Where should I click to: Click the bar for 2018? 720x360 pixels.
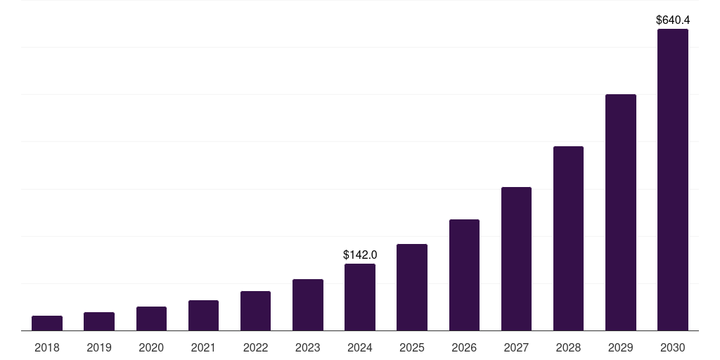coord(47,323)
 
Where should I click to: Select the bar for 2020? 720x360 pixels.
coord(151,319)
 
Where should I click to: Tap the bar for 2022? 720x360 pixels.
coord(255,311)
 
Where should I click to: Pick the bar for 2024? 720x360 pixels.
coord(360,297)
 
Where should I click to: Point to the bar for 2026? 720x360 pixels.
coord(464,275)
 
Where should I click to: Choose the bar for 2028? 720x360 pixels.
coord(568,238)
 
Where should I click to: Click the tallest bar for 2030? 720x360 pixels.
coord(673,180)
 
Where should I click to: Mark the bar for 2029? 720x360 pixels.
coord(621,212)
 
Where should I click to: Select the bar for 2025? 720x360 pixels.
coord(412,288)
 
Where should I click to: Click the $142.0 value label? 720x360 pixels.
coord(360,255)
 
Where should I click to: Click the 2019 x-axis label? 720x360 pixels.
coord(99,347)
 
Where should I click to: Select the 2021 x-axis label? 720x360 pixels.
coord(203,347)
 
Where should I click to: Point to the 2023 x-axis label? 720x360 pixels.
coord(308,347)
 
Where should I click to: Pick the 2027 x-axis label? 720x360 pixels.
coord(516,347)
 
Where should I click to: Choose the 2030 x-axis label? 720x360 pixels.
coord(673,347)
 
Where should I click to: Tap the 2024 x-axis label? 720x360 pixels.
coord(360,347)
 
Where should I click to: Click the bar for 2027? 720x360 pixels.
coord(516,259)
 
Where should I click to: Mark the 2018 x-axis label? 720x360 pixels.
coord(47,347)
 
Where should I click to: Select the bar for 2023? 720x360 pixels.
coord(308,305)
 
